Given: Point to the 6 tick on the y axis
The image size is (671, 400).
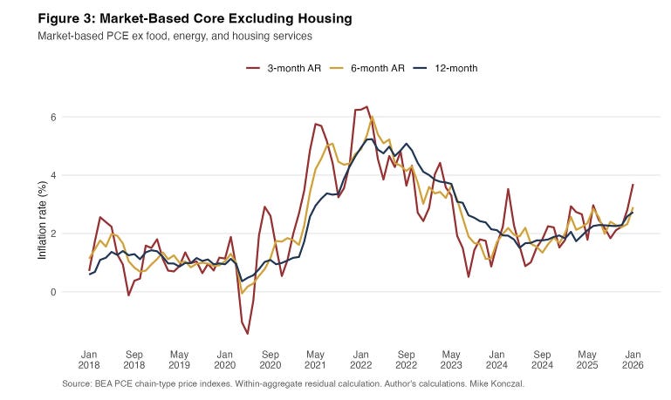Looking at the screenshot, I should [53, 117].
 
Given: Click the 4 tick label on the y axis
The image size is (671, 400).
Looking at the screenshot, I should [53, 175].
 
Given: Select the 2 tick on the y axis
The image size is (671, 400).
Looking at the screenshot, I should [53, 234].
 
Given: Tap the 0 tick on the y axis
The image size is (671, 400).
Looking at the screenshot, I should [53, 292].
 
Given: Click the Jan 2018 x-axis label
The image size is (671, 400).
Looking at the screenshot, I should [89, 360].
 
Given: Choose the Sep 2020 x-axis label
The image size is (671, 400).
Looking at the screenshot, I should [270, 360].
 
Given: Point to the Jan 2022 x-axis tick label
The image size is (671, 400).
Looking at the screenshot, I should [360, 360].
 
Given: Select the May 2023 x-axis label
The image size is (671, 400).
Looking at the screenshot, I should [450, 360].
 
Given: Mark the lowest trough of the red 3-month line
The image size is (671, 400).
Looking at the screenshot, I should [248, 334].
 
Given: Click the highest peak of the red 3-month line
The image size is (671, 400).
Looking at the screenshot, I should [366, 107].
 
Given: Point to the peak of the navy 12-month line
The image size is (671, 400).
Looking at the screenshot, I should [370, 139].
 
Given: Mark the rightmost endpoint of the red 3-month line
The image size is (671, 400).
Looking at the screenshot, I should [633, 185].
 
